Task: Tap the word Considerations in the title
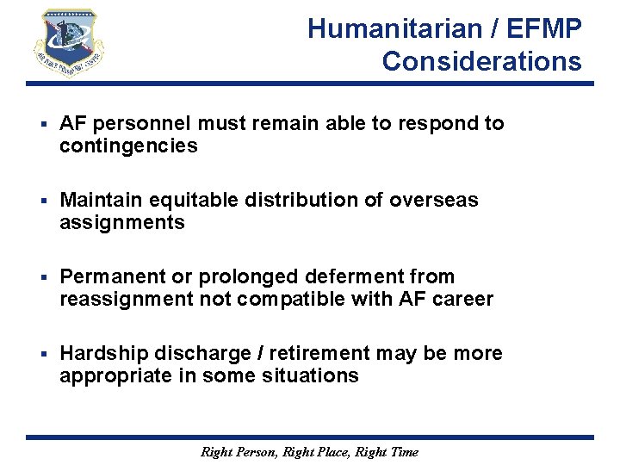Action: pyautogui.click(x=482, y=62)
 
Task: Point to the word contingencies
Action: pyautogui.click(x=128, y=146)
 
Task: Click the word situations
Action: pyautogui.click(x=317, y=376)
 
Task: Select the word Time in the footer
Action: pyautogui.click(x=403, y=452)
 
